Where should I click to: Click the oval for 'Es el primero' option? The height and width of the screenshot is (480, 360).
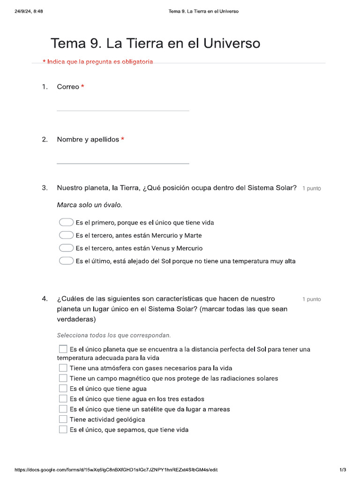pyautogui.click(x=66, y=222)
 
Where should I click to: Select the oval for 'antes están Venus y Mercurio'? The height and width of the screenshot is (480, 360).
pyautogui.click(x=66, y=248)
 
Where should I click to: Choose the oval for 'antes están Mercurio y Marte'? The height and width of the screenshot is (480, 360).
pyautogui.click(x=66, y=235)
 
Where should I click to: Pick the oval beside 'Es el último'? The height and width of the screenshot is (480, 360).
pyautogui.click(x=66, y=261)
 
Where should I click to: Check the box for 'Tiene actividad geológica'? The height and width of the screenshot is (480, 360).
pyautogui.click(x=63, y=419)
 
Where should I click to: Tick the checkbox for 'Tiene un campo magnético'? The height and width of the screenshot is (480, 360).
pyautogui.click(x=63, y=378)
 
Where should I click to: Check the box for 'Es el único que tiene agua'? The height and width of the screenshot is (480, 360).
pyautogui.click(x=63, y=388)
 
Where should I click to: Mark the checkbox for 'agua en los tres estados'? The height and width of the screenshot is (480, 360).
pyautogui.click(x=63, y=398)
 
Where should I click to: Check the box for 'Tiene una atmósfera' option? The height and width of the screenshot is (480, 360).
pyautogui.click(x=63, y=368)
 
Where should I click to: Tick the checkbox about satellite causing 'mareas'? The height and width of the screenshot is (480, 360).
pyautogui.click(x=63, y=409)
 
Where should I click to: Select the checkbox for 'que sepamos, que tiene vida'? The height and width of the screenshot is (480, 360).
pyautogui.click(x=63, y=429)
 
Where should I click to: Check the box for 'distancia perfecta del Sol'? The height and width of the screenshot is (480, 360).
pyautogui.click(x=63, y=349)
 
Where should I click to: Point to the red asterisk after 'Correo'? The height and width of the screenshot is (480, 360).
pyautogui.click(x=82, y=87)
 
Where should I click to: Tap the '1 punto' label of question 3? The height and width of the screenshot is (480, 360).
pyautogui.click(x=311, y=188)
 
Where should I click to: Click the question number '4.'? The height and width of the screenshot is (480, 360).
pyautogui.click(x=45, y=299)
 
